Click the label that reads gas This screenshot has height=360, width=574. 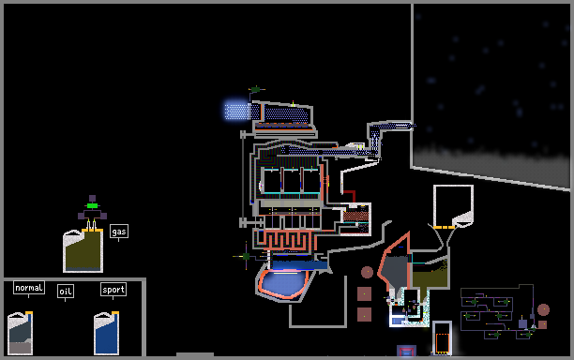(119, 232)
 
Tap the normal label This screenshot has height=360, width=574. (29, 288)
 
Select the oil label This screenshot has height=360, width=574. (66, 292)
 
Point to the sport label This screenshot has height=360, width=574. (113, 290)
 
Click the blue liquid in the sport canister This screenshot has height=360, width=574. (106, 337)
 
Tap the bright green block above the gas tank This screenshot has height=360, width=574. (92, 205)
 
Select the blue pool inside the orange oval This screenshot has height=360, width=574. (283, 282)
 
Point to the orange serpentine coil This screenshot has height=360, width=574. (287, 240)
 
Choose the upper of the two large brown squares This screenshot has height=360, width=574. (364, 293)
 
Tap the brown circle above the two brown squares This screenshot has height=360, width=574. (367, 272)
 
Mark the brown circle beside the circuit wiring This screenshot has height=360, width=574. (544, 309)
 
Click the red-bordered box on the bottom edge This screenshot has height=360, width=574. (406, 351)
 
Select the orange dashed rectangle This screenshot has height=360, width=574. (442, 343)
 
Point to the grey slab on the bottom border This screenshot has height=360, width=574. (195, 354)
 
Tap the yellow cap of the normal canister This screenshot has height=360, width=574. (29, 313)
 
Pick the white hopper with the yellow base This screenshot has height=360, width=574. (453, 206)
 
